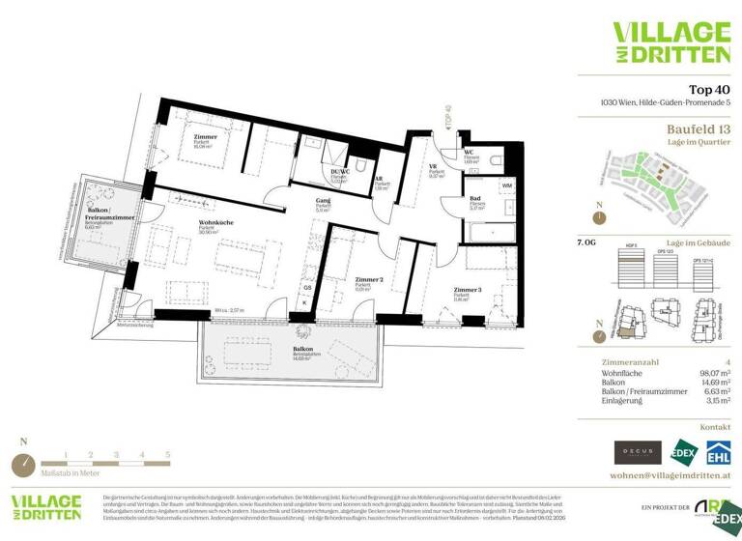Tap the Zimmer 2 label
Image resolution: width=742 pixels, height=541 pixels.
tap(361, 280)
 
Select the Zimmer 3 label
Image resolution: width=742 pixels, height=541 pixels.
tap(467, 290)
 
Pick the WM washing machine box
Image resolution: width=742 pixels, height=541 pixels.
tap(506, 185)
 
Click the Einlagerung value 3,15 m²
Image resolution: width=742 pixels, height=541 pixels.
tap(713, 399)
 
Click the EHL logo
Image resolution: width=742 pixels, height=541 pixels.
tap(718, 451)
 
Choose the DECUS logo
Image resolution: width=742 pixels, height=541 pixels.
tap(639, 451)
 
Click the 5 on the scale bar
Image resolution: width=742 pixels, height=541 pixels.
tap(168, 453)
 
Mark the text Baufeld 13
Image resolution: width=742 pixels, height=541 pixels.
tap(698, 128)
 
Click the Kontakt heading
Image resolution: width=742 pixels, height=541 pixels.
tap(715, 426)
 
